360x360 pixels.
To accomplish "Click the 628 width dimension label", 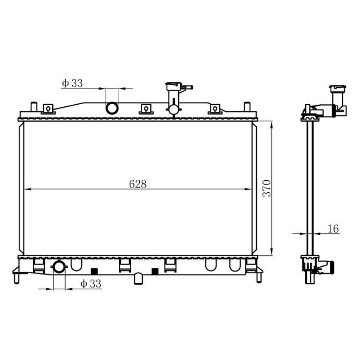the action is point(138,184).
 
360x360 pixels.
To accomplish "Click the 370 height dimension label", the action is point(267,188).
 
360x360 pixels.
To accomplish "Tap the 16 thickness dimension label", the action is point(333,229).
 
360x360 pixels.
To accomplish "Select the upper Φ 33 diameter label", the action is point(72,83).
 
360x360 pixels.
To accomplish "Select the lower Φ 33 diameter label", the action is point(91,284).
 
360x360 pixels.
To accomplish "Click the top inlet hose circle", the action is point(112,108).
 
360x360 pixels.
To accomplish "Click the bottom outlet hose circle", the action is point(59,267).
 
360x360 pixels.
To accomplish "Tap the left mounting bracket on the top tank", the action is point(48,109).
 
